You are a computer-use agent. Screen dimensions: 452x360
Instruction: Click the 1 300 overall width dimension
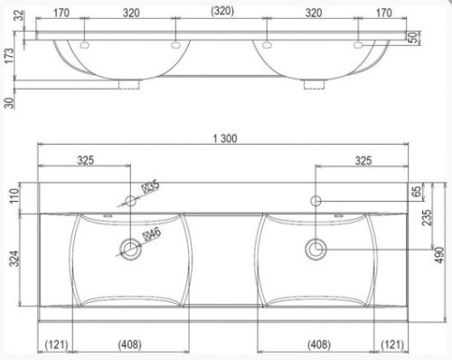(x=225, y=138)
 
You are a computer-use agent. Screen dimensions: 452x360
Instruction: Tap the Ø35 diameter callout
(x=150, y=187)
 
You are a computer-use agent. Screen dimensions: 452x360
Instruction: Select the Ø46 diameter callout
(x=152, y=234)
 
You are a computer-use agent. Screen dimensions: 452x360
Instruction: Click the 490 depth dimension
(x=440, y=255)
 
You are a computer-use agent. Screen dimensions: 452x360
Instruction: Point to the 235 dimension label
(x=427, y=217)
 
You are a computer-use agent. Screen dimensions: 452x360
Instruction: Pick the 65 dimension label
(x=417, y=192)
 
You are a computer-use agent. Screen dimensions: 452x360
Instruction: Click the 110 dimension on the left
(x=14, y=196)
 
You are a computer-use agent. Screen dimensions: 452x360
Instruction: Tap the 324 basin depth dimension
(x=14, y=259)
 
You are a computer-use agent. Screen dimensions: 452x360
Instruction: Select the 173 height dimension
(x=9, y=56)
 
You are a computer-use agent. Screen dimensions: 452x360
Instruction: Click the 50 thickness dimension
(x=413, y=37)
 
